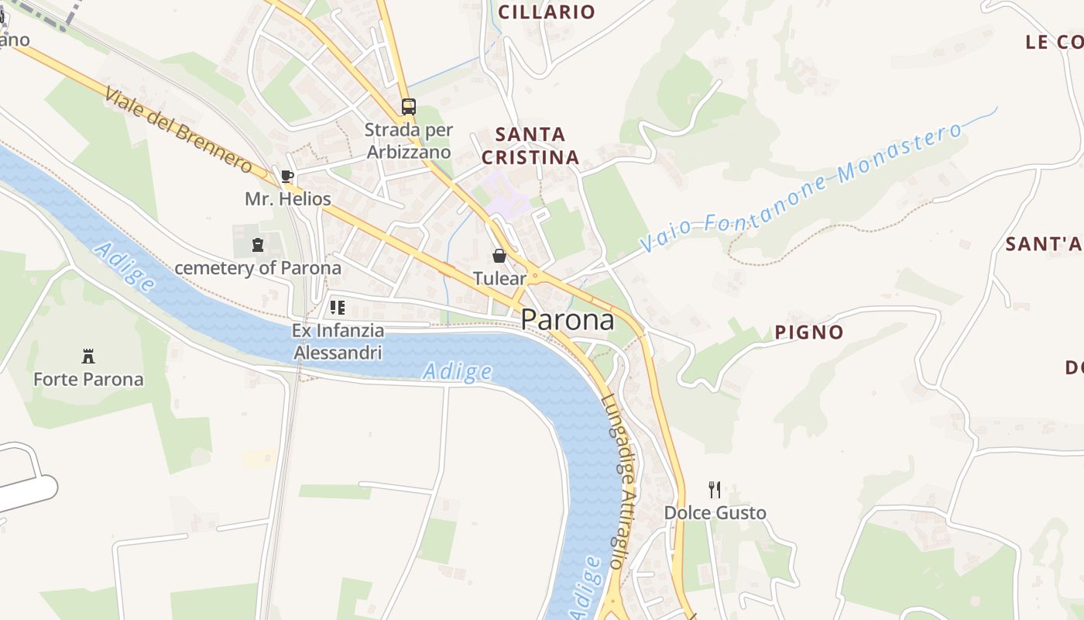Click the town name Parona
point(568,319)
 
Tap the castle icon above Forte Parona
point(88,356)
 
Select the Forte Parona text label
point(88,380)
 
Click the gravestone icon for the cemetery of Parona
point(257,246)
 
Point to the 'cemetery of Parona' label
point(257,268)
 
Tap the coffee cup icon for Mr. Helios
point(286,177)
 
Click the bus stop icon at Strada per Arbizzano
point(408,107)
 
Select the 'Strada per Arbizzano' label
point(408,141)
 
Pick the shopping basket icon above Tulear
point(499,256)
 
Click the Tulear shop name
point(499,278)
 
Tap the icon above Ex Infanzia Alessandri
point(338,308)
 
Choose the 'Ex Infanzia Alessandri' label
point(338,342)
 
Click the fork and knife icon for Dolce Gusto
point(715,490)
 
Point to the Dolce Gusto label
point(715,513)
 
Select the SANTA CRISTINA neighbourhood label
point(530,146)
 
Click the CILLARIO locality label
point(547,12)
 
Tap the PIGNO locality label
point(809,332)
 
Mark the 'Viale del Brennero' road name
point(177,130)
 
